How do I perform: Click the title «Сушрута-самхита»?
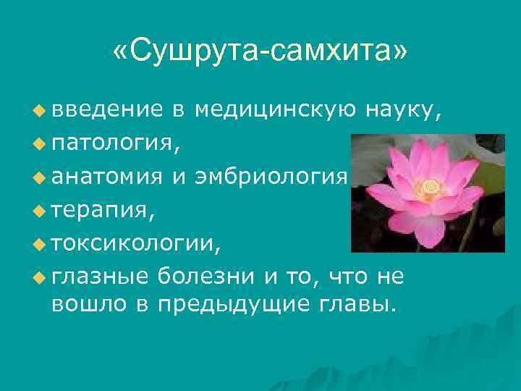point(260,51)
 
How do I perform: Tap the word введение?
point(107,110)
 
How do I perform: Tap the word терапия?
point(102,210)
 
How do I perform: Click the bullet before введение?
point(38,111)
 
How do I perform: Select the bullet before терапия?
point(38,211)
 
